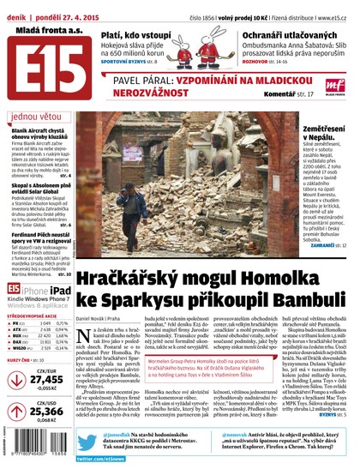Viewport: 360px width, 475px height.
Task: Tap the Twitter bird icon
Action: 85,437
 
